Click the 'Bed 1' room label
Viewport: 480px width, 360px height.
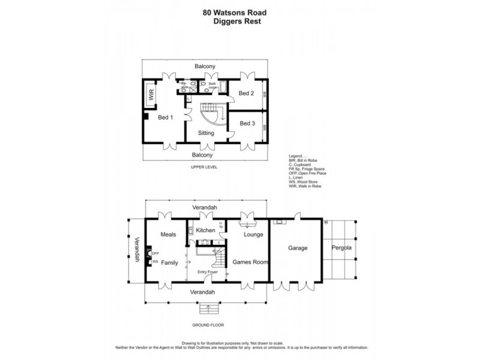[x=165, y=118]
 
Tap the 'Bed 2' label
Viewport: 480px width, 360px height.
[x=247, y=94]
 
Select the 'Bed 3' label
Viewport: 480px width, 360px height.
[x=247, y=124]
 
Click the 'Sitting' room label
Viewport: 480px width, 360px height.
[x=206, y=133]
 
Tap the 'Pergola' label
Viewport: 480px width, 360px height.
[x=340, y=247]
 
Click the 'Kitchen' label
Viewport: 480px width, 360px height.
[x=206, y=230]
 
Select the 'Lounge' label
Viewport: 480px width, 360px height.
[x=254, y=235]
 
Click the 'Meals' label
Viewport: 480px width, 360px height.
[x=169, y=235]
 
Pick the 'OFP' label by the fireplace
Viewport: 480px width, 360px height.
[x=154, y=253]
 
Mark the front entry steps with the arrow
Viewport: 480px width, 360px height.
[x=208, y=310]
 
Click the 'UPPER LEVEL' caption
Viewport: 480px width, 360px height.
[x=203, y=167]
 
